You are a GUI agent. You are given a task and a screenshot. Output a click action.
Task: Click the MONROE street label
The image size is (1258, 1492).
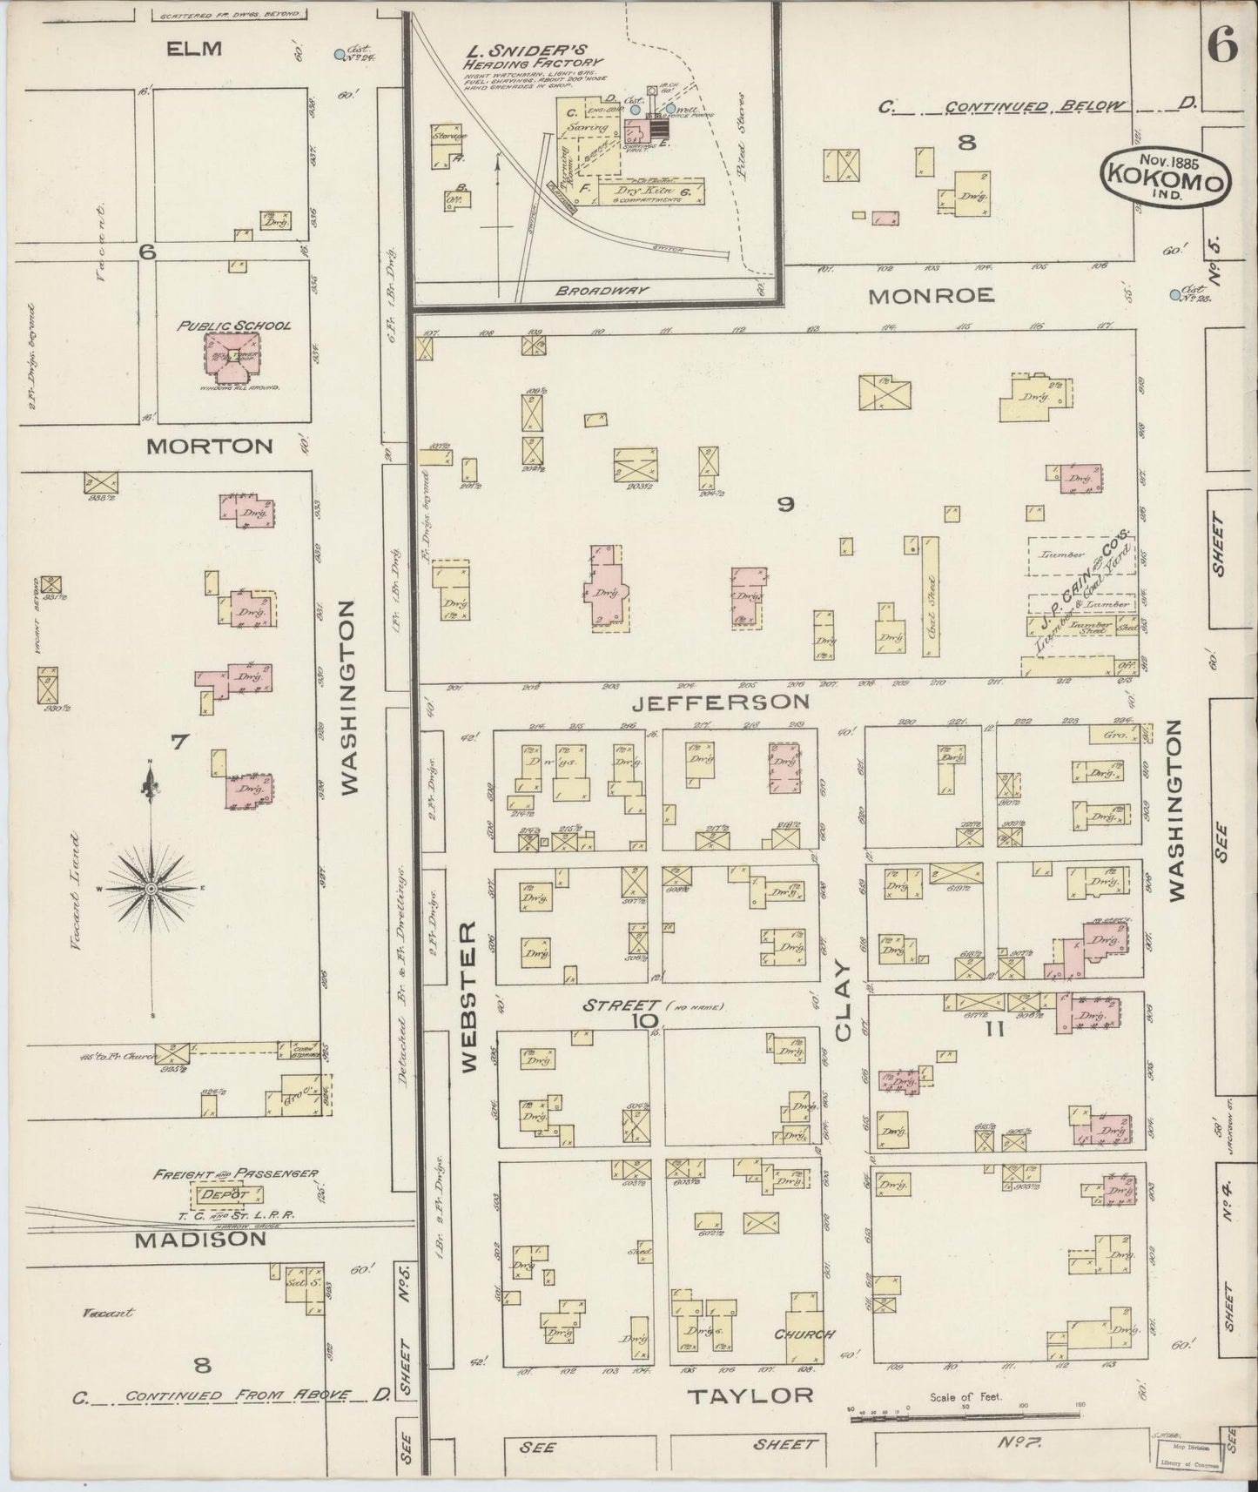click(932, 296)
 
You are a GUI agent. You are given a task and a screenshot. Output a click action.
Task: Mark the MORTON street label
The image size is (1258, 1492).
click(209, 447)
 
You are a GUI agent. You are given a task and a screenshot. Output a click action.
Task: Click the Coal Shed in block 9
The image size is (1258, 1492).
click(932, 605)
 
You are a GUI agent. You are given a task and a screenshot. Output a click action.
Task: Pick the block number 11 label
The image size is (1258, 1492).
click(995, 1030)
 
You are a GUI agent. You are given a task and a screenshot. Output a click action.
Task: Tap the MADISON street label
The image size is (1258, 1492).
click(200, 1239)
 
